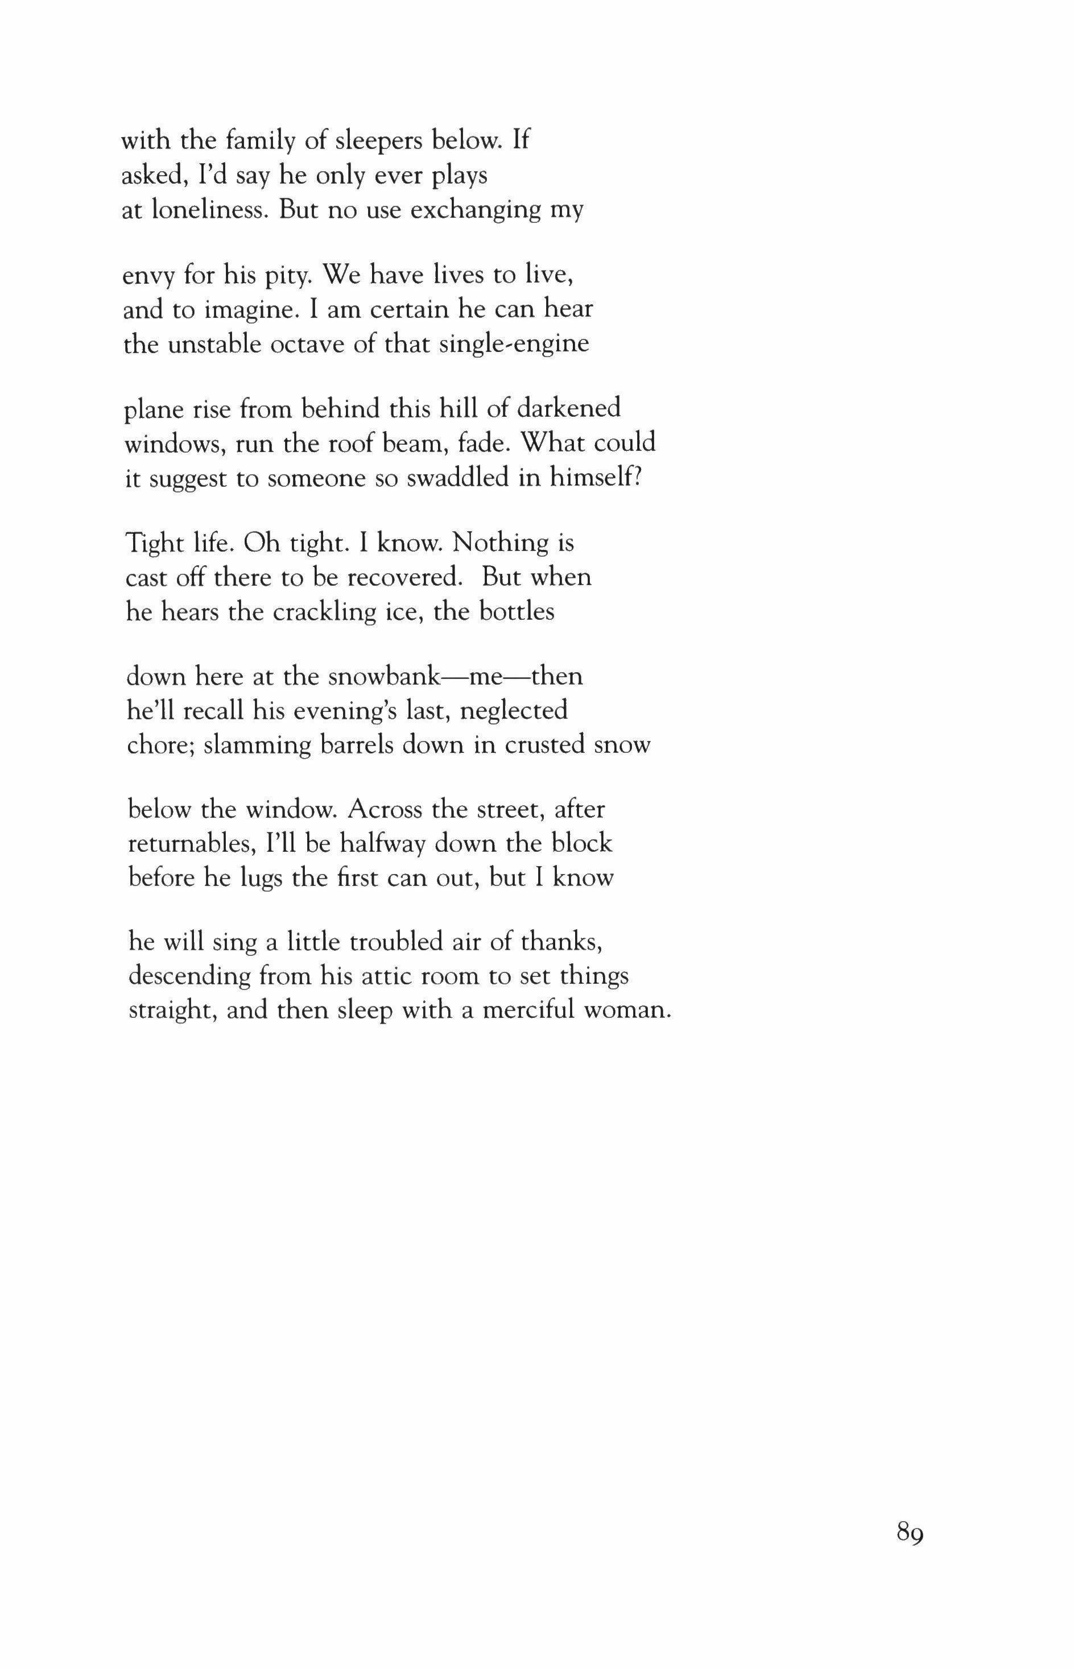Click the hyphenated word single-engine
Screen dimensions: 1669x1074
click(514, 343)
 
